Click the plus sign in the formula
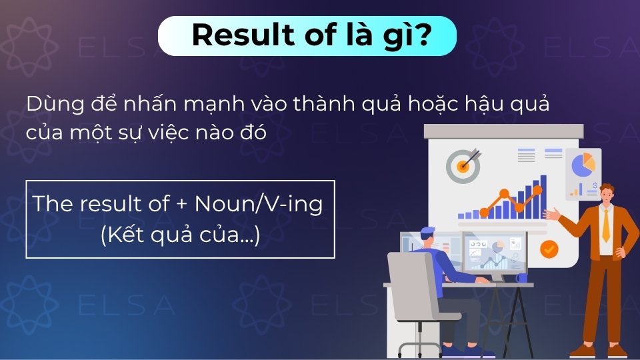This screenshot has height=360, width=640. pyautogui.click(x=182, y=204)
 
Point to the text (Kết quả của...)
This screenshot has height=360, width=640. pyautogui.click(x=180, y=235)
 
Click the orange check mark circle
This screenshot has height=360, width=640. pyautogui.click(x=549, y=249)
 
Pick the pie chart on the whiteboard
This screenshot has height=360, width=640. pyautogui.click(x=583, y=163)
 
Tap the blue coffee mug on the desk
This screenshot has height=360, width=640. pyautogui.click(x=521, y=277)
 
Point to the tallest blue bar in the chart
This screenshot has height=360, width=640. pyautogui.click(x=543, y=196)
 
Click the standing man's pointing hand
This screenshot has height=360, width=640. pyautogui.click(x=551, y=215)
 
